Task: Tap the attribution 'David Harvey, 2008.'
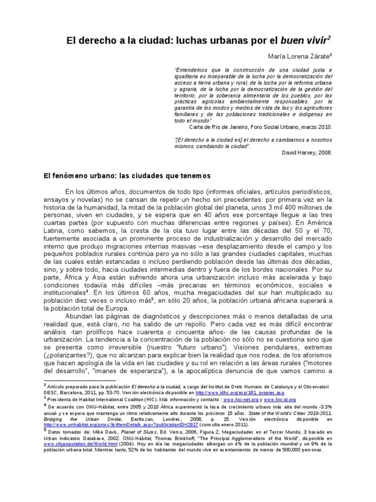[x=307, y=152]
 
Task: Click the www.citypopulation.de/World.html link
[x=73, y=444]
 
